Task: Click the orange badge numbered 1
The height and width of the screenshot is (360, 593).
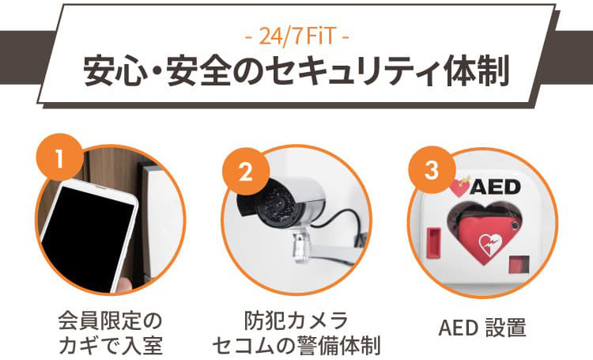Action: tap(60, 157)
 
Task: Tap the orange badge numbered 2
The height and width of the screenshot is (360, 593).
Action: tap(246, 172)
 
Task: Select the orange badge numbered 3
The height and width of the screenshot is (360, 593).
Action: tap(432, 170)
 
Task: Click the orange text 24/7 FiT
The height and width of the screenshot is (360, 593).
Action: tap(296, 37)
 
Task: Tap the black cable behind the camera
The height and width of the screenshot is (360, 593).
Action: tap(346, 223)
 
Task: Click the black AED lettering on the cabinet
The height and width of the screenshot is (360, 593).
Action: tap(495, 187)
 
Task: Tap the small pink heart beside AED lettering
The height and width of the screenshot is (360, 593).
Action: tap(459, 187)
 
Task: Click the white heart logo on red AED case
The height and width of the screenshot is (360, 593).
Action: tap(490, 244)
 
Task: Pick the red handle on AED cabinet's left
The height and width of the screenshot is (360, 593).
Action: tap(433, 243)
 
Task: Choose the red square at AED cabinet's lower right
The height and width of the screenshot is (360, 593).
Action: tap(519, 264)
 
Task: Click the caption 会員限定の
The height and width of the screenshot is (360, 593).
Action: tap(111, 320)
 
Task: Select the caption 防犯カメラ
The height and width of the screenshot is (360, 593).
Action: tap(296, 320)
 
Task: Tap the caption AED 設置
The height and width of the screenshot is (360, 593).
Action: tap(482, 328)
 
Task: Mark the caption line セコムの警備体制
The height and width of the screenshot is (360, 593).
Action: tap(296, 344)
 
